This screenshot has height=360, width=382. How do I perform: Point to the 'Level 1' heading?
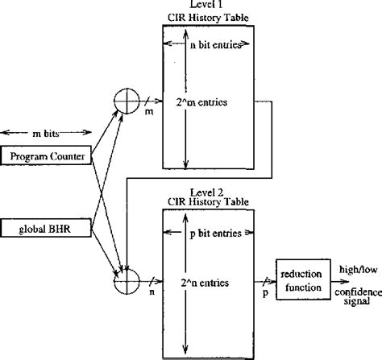(208, 6)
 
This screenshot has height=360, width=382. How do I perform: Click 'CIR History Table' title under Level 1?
(208, 16)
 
